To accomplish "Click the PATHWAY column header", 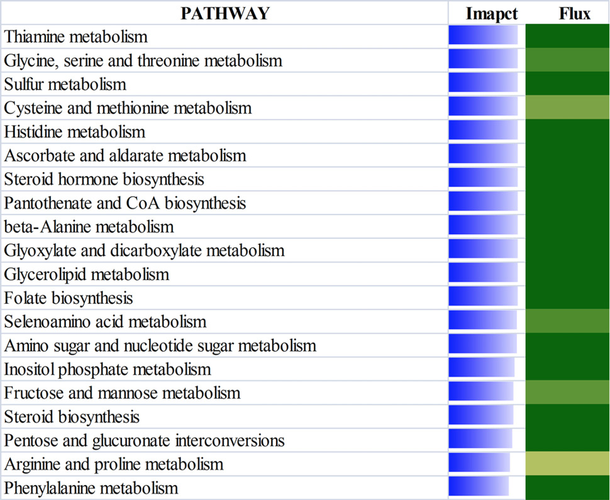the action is pyautogui.click(x=225, y=13).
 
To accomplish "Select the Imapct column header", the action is pyautogui.click(x=492, y=14).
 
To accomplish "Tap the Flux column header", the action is pyautogui.click(x=575, y=14).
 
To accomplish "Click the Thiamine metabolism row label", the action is pyautogui.click(x=76, y=37).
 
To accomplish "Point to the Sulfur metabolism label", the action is pyautogui.click(x=65, y=84).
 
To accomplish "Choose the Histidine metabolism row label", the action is pyautogui.click(x=75, y=132).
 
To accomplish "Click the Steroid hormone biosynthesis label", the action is pyautogui.click(x=104, y=179).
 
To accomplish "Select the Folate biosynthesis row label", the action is pyautogui.click(x=69, y=298).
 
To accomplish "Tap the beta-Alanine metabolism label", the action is pyautogui.click(x=89, y=227).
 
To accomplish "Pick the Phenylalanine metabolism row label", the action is pyautogui.click(x=91, y=488).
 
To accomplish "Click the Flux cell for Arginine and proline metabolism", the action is pyautogui.click(x=567, y=464).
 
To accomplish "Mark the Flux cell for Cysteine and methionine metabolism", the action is pyautogui.click(x=567, y=108).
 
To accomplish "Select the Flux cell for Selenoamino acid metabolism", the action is pyautogui.click(x=567, y=321).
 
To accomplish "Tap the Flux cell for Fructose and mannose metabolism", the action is pyautogui.click(x=567, y=392).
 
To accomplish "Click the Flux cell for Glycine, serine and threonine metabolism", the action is pyautogui.click(x=567, y=60).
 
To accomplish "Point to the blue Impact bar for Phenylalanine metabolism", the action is pyautogui.click(x=479, y=487).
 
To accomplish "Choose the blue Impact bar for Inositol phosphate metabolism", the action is pyautogui.click(x=482, y=368).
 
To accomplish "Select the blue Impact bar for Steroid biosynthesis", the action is pyautogui.click(x=481, y=415).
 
